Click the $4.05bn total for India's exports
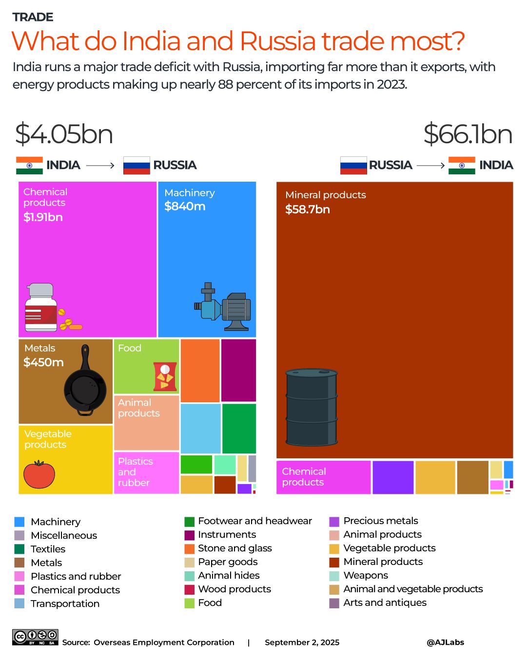point(64,134)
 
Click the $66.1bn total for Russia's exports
point(468,134)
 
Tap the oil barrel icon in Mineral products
point(312,407)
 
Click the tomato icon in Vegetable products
point(39,474)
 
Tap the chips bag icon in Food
point(165,376)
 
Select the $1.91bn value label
point(43,217)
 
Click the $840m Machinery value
point(185,207)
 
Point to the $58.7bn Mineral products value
point(308,209)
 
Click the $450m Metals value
point(43,362)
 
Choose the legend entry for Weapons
point(366,575)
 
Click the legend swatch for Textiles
point(20,549)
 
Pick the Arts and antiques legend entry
point(385,602)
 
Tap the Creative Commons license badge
point(35,637)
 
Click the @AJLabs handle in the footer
point(445,642)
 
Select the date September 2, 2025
point(302,642)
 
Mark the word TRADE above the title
point(33,17)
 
